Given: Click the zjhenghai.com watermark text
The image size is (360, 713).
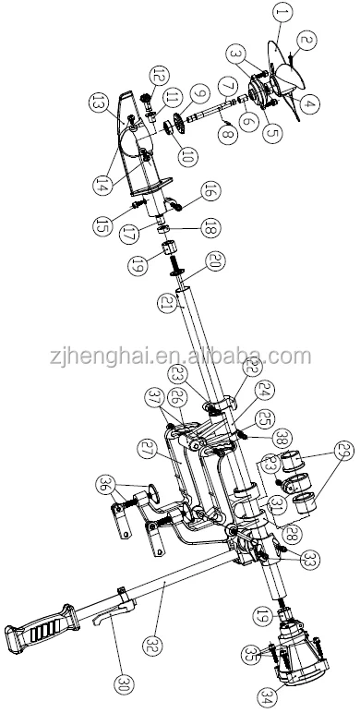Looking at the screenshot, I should [179, 356].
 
